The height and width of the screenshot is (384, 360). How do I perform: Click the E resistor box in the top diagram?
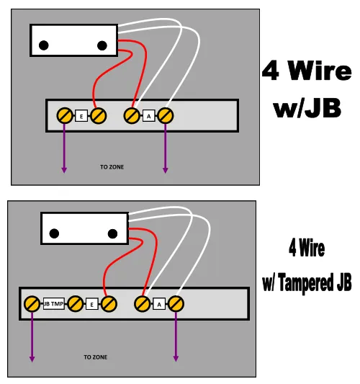tap(81, 116)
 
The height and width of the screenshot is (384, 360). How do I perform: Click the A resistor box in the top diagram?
tap(148, 116)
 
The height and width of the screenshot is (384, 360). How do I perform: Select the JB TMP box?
tap(54, 304)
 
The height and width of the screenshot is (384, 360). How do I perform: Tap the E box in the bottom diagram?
tap(91, 304)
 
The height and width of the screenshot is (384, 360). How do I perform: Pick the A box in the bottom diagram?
tap(159, 304)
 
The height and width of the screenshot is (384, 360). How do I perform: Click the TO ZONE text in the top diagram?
tap(112, 167)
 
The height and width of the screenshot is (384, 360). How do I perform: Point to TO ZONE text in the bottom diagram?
tap(96, 357)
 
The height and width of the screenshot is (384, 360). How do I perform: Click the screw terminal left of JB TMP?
tap(32, 304)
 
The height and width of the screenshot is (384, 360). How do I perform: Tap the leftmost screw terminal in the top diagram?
tap(65, 115)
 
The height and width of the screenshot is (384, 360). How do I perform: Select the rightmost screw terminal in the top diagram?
tap(166, 115)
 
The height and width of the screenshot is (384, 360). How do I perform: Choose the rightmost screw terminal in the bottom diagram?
tap(176, 304)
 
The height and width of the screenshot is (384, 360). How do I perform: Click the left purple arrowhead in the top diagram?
tap(64, 170)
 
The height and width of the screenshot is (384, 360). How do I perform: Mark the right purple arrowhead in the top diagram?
tap(166, 170)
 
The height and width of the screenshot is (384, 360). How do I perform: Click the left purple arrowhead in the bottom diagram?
tap(32, 359)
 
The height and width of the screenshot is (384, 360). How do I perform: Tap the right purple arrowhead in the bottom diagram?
tap(176, 359)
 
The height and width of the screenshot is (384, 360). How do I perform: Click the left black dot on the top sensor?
tap(44, 45)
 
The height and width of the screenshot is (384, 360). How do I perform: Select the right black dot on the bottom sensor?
tap(112, 233)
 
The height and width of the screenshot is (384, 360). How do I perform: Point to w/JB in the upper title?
tap(307, 108)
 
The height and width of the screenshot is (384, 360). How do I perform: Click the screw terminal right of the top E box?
tap(99, 115)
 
